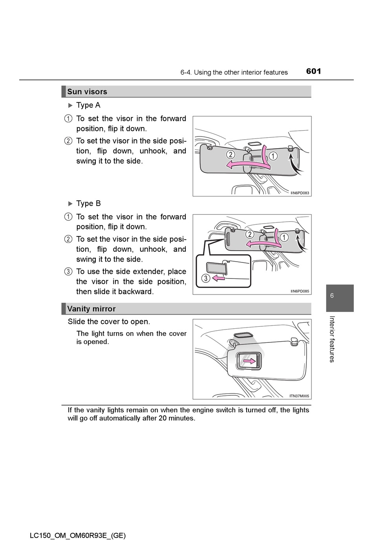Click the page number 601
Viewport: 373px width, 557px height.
[x=313, y=71]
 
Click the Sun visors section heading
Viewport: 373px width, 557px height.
[x=87, y=92]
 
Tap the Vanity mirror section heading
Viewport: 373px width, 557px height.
[x=91, y=309]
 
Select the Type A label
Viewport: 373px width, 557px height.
[x=88, y=105]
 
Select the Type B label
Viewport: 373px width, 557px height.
[x=88, y=203]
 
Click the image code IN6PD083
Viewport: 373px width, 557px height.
[x=300, y=193]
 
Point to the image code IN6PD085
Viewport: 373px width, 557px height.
[x=300, y=291]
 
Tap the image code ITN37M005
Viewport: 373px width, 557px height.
[x=299, y=396]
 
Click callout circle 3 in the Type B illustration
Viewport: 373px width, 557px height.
[x=205, y=278]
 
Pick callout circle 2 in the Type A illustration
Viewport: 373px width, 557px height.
[x=231, y=154]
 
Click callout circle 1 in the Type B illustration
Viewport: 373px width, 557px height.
[x=284, y=237]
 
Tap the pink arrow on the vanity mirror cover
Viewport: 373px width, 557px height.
[x=249, y=360]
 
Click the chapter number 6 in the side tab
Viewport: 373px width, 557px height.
[x=332, y=295]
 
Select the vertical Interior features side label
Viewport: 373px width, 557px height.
[x=332, y=339]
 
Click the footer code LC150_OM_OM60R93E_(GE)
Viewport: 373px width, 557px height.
[x=77, y=535]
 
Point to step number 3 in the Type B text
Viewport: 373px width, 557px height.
[x=68, y=271]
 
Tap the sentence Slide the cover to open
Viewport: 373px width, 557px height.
[x=109, y=322]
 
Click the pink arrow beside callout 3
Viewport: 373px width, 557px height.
[x=218, y=278]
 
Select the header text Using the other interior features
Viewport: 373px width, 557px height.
[x=241, y=73]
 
